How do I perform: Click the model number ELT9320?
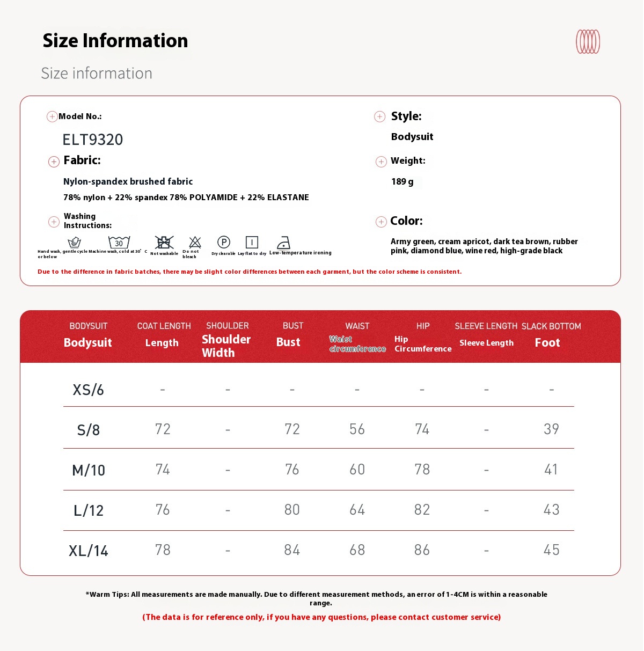click(x=93, y=140)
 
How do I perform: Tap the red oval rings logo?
click(x=588, y=41)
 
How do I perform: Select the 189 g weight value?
click(x=402, y=182)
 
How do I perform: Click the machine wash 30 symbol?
click(x=119, y=242)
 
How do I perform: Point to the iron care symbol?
click(x=283, y=243)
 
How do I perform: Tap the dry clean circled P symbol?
click(x=224, y=242)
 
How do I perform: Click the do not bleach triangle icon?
click(x=195, y=242)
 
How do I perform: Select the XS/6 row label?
click(x=89, y=390)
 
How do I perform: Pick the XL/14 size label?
click(x=89, y=551)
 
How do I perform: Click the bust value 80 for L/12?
click(x=292, y=510)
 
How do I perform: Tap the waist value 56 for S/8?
click(x=357, y=429)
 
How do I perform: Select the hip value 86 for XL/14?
click(x=422, y=550)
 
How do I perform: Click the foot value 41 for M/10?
click(x=551, y=470)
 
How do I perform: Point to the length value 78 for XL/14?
click(x=163, y=550)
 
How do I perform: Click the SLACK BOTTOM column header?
click(x=551, y=326)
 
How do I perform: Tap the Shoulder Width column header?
click(x=226, y=346)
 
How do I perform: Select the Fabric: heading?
click(x=82, y=160)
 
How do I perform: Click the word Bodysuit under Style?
click(x=412, y=137)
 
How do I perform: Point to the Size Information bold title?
click(x=115, y=41)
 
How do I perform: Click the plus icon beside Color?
click(x=381, y=222)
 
